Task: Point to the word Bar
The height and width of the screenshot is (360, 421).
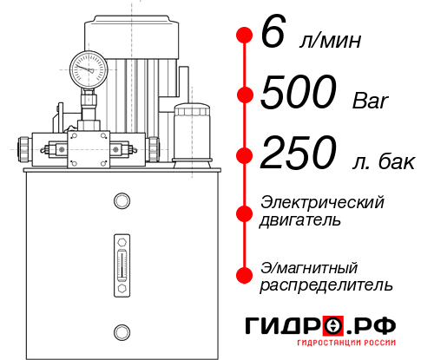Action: click(372, 100)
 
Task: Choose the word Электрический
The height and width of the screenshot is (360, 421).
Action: click(322, 201)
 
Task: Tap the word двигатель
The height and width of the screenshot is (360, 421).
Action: click(300, 220)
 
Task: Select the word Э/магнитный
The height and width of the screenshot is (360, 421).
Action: click(309, 266)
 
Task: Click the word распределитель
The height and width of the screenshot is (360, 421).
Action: click(326, 285)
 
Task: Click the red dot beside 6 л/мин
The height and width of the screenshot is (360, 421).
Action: click(244, 36)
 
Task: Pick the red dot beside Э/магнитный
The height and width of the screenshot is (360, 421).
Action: click(244, 275)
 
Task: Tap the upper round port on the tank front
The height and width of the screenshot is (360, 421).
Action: click(121, 202)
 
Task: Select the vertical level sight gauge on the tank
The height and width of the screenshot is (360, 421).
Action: click(121, 265)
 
